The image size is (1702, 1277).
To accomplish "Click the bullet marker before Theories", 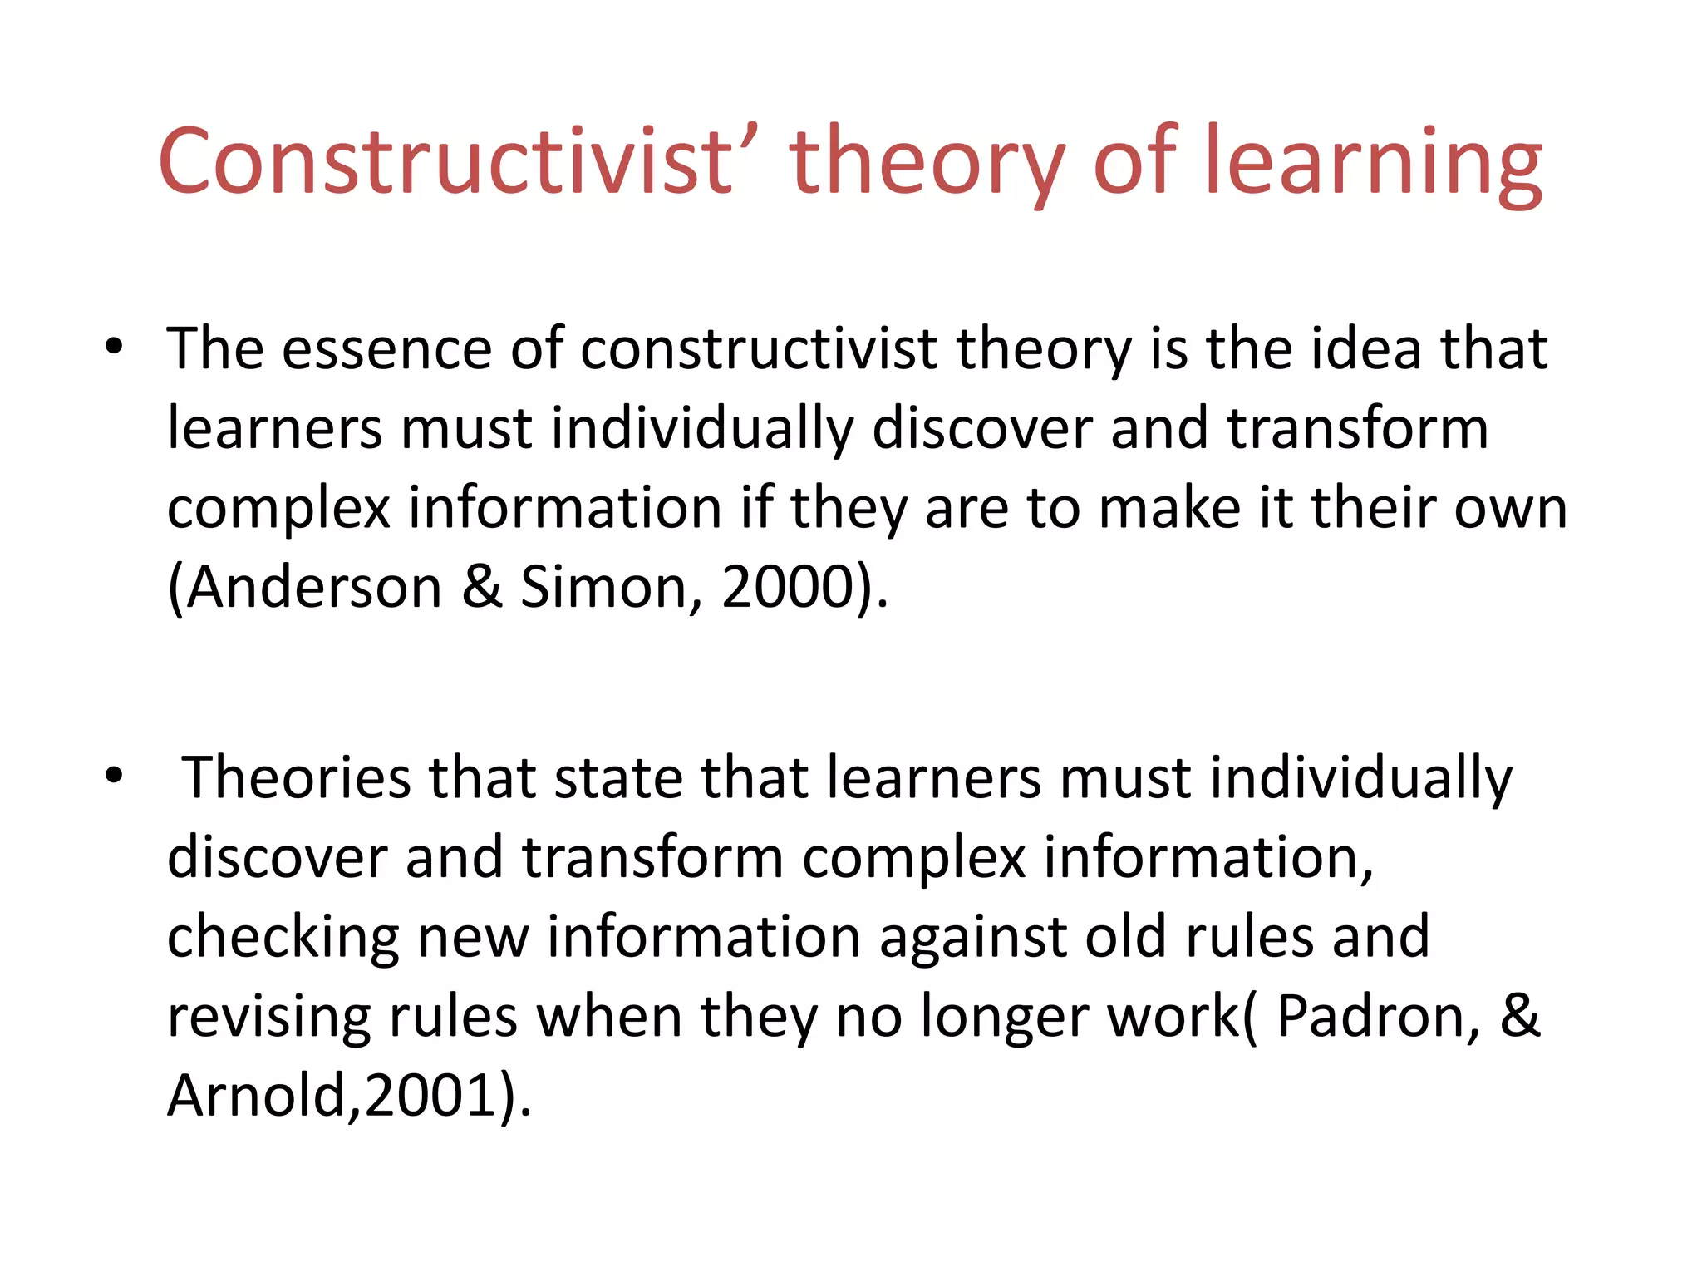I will pyautogui.click(x=114, y=776).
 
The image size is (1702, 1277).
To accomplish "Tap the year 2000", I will pyautogui.click(x=788, y=588).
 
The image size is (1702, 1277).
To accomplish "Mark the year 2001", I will pyautogui.click(x=430, y=1096).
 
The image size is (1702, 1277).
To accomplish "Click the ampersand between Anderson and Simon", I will pyautogui.click(x=482, y=588).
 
